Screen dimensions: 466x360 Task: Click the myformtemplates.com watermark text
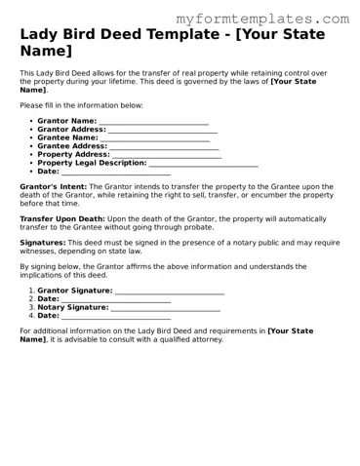pyautogui.click(x=264, y=19)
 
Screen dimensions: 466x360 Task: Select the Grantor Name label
pyautogui.click(x=66, y=121)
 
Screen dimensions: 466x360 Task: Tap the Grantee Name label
pyautogui.click(x=67, y=137)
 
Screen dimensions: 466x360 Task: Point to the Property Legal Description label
pyautogui.click(x=92, y=163)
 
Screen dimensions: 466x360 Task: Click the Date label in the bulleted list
pyautogui.click(x=48, y=172)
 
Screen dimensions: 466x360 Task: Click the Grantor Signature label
pyautogui.click(x=74, y=291)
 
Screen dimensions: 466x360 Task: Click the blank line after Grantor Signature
pyautogui.click(x=169, y=291)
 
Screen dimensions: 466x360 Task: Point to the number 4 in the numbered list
pyautogui.click(x=31, y=316)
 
